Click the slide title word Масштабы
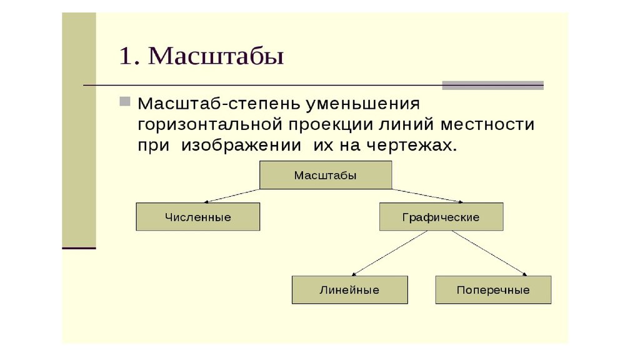point(216,56)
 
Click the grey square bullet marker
point(125,101)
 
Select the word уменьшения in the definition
point(363,104)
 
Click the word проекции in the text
point(331,125)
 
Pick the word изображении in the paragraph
point(241,145)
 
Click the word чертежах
point(411,146)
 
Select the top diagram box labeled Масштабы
point(326,175)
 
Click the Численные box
point(198,217)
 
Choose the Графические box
point(441,217)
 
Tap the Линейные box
point(350,290)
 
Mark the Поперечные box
point(493,290)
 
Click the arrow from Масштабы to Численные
point(232,196)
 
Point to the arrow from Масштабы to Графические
point(427,196)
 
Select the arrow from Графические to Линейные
point(390,253)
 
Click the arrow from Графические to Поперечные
point(489,253)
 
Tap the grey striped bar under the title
point(492,85)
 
